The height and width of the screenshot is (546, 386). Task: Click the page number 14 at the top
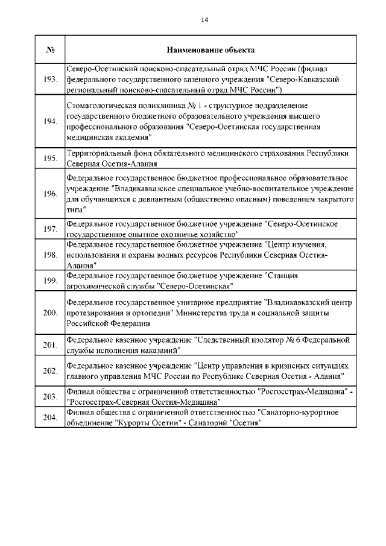tap(204, 20)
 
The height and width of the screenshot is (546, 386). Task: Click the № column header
tap(51, 49)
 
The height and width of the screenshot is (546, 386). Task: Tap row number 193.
tap(51, 80)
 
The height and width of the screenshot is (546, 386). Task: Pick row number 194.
tap(51, 121)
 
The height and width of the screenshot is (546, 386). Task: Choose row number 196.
tap(51, 194)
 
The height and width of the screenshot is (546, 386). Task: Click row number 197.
tap(51, 229)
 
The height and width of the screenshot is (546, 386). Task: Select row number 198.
tap(51, 255)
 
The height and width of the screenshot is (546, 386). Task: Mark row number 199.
tap(51, 281)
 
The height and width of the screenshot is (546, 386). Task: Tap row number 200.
tap(51, 313)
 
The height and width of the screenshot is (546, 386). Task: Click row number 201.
tap(51, 345)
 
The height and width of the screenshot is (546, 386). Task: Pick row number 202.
tap(51, 370)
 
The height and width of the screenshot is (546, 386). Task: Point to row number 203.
tap(51, 396)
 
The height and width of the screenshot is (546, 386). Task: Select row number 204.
tap(51, 418)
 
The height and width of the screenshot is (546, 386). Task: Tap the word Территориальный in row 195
tap(96, 153)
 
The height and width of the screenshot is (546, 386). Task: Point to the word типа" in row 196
tap(76, 208)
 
